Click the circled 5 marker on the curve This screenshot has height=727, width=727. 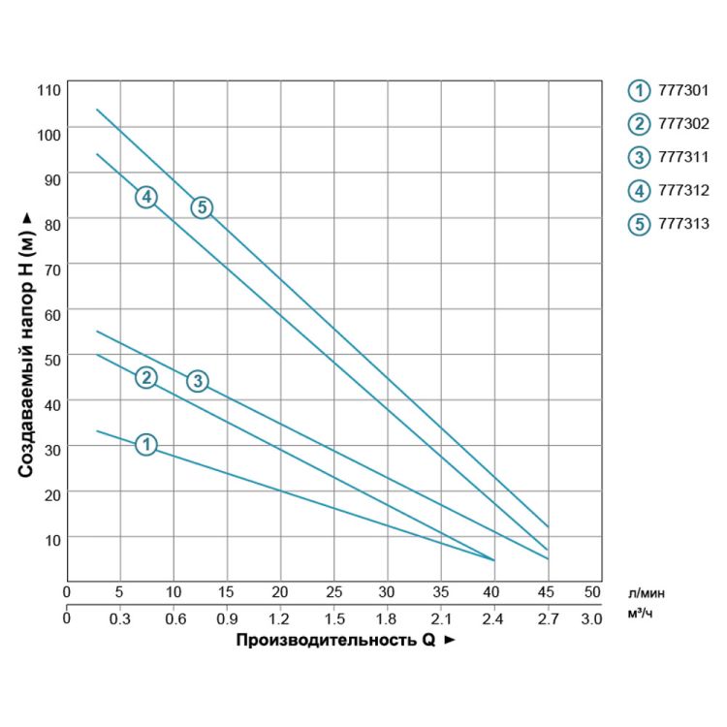coord(201,207)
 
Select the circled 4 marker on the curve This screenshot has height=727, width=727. coord(145,197)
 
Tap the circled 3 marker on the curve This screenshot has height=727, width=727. coord(197,381)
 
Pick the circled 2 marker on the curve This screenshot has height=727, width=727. coord(145,377)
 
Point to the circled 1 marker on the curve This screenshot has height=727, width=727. coord(145,444)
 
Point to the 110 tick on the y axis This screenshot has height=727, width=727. coord(49,90)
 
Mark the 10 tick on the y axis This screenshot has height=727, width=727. coord(52,539)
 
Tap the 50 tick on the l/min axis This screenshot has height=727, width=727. coord(592,590)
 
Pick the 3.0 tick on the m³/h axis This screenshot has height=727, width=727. coord(592,616)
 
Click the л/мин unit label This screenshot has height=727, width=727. coord(647,591)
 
